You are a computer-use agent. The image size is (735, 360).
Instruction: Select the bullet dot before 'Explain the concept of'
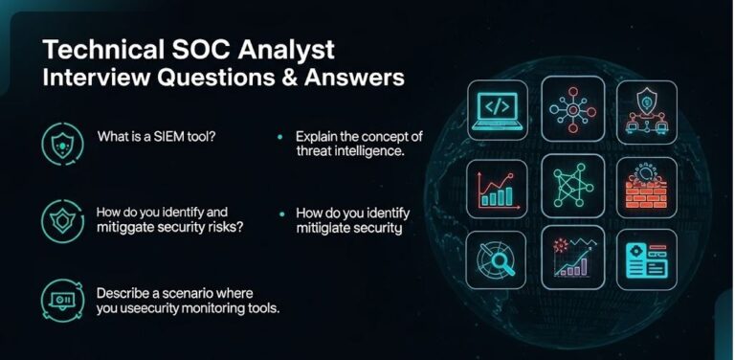point(279,138)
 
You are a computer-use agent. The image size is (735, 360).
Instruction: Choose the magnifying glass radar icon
point(497,259)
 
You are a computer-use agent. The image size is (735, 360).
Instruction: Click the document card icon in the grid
point(646,259)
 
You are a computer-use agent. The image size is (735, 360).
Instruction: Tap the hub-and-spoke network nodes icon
point(571,106)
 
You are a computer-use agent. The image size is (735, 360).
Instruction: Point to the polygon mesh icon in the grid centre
point(571,183)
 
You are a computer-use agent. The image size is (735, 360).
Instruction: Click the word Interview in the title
point(88,78)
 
